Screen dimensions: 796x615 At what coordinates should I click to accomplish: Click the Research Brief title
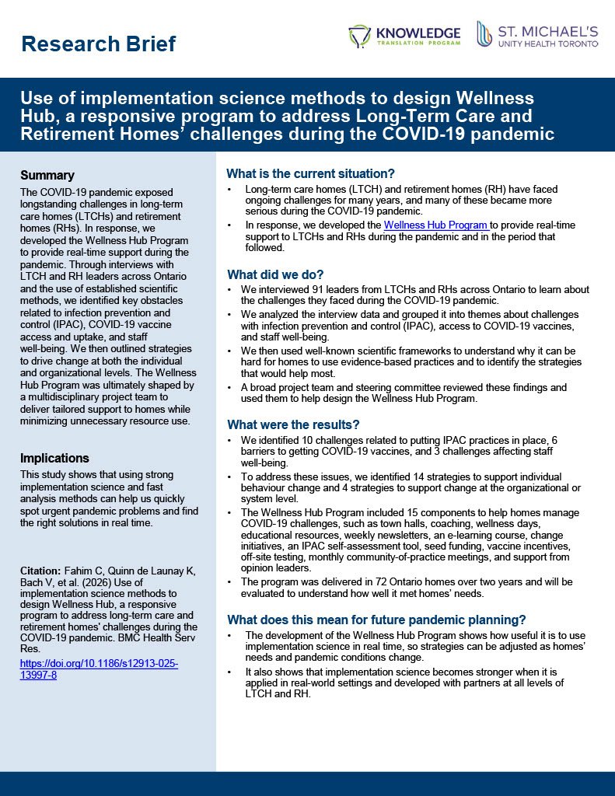tap(99, 44)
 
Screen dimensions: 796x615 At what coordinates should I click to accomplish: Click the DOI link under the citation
tap(99, 669)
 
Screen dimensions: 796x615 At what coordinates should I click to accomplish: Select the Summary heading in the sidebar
tap(47, 175)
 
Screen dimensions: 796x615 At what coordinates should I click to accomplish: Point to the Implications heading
tap(54, 458)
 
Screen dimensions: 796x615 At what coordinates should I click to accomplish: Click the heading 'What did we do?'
tap(275, 274)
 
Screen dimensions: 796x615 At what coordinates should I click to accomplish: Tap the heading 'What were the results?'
tap(293, 424)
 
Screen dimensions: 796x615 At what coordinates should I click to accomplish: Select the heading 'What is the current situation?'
tap(310, 173)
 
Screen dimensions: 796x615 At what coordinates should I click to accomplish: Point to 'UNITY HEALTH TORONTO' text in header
tap(548, 44)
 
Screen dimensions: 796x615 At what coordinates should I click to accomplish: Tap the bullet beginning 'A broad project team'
tap(405, 393)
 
